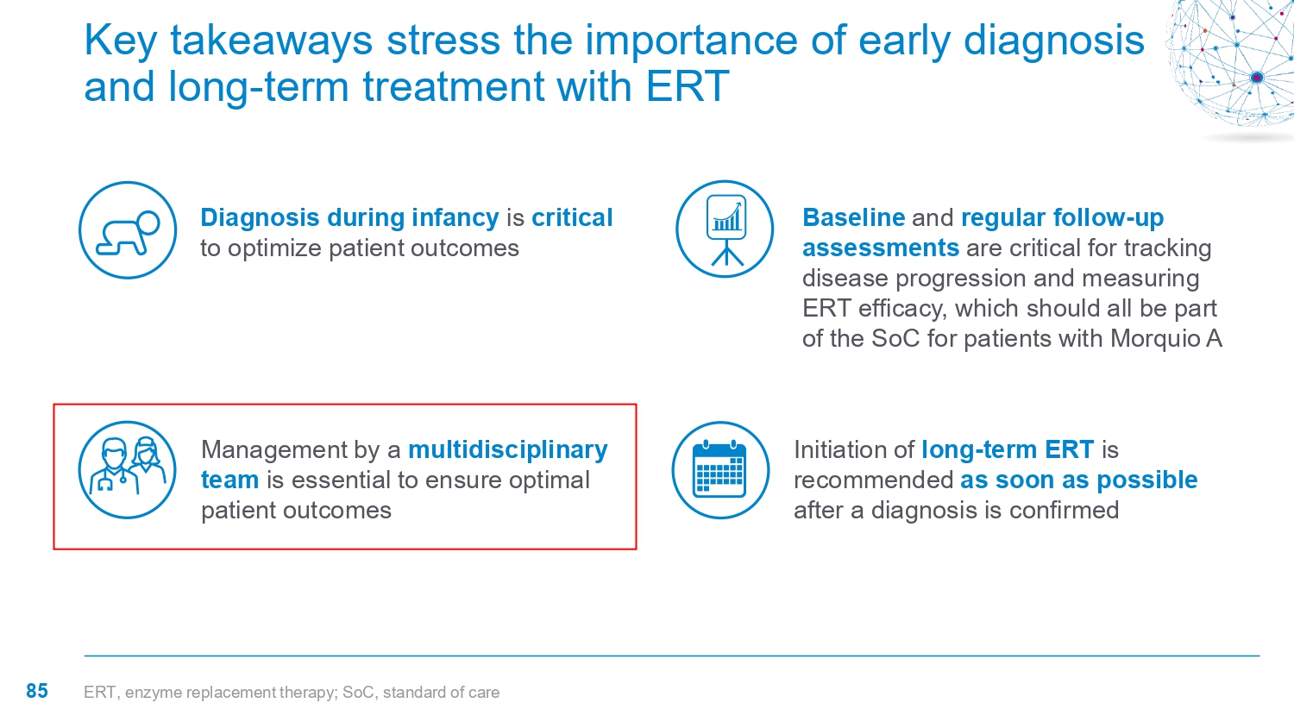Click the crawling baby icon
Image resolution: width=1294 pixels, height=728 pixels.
(128, 230)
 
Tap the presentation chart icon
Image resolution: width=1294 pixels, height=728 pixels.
(725, 229)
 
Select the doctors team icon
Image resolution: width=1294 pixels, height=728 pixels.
(127, 470)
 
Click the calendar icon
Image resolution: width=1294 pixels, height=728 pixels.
(720, 470)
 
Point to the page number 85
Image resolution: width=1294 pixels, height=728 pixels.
(37, 691)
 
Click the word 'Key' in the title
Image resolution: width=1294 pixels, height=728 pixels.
(121, 41)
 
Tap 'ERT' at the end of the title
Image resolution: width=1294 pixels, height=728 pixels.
(688, 86)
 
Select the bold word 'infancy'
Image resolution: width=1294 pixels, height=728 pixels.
(455, 218)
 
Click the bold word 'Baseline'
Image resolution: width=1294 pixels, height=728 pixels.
(854, 218)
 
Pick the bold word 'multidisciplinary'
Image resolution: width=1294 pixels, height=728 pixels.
(508, 450)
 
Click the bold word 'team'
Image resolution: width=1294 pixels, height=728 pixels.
(229, 480)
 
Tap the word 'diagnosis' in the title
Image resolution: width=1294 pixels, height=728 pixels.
(1053, 41)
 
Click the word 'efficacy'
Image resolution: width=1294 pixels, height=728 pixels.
(902, 309)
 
